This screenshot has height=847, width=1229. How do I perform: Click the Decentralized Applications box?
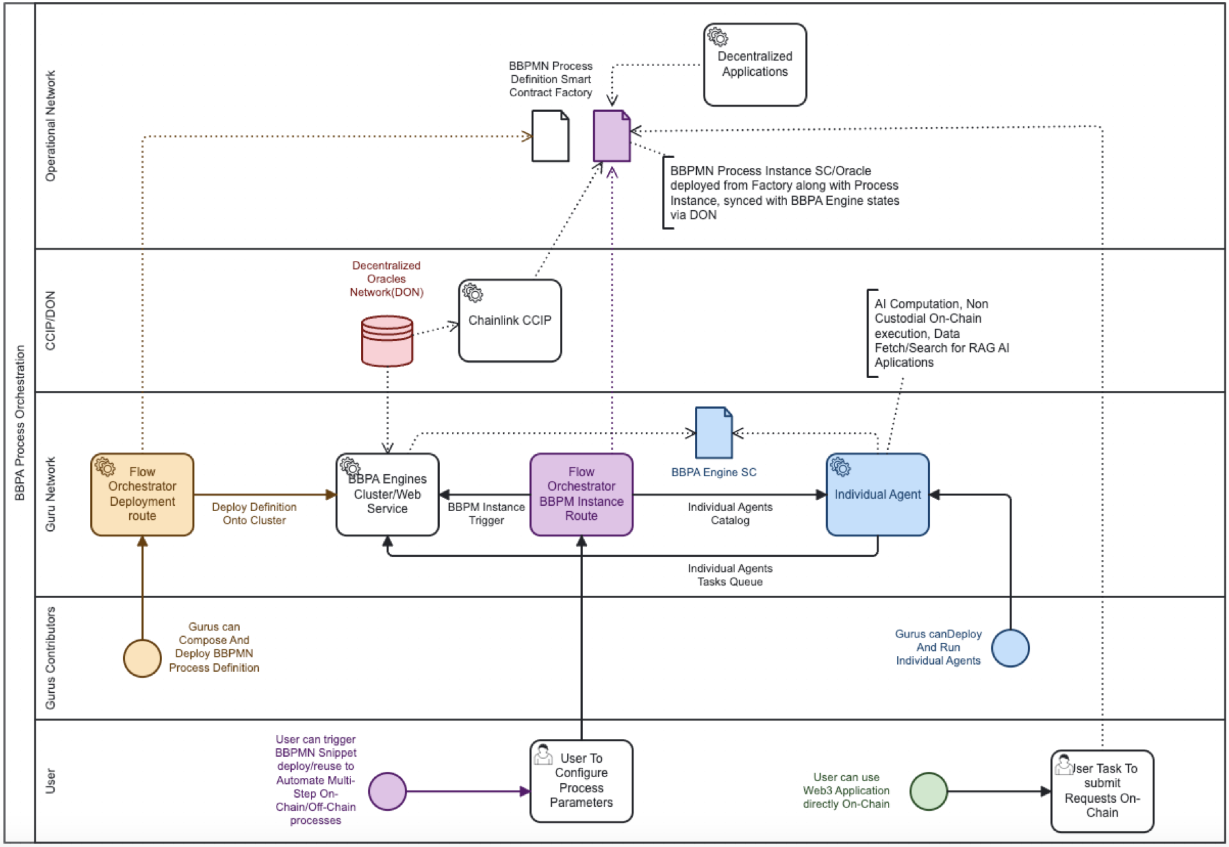(x=755, y=65)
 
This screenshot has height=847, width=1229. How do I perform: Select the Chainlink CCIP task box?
(x=510, y=321)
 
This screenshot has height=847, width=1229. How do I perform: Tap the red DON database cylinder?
(x=387, y=341)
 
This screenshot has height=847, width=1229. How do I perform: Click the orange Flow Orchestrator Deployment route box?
(x=142, y=495)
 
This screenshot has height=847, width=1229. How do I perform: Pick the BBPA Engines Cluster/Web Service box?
(x=387, y=495)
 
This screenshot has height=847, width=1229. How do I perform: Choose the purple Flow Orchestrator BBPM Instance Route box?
(x=581, y=495)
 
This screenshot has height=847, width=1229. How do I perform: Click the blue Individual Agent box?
(x=877, y=495)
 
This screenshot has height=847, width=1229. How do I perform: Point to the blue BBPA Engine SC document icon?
(x=714, y=433)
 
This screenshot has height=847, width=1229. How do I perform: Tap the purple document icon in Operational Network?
(x=611, y=136)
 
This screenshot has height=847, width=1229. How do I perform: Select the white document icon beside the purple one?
(x=551, y=136)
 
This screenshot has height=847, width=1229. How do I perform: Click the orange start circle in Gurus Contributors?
(x=142, y=658)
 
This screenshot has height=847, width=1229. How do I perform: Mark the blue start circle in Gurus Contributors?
(x=1010, y=648)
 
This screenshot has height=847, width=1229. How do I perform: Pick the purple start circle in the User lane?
(x=387, y=791)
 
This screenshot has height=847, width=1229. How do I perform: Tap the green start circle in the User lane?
(x=929, y=791)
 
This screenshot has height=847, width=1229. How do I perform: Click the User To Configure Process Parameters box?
(x=581, y=781)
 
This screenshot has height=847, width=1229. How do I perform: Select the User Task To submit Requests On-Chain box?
(x=1102, y=791)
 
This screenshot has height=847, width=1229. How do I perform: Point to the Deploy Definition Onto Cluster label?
(x=254, y=514)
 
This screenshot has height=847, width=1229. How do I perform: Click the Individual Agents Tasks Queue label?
(x=730, y=575)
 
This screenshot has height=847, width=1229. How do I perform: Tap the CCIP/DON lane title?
(x=51, y=321)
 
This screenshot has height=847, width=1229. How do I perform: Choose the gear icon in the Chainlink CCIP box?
(x=472, y=292)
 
